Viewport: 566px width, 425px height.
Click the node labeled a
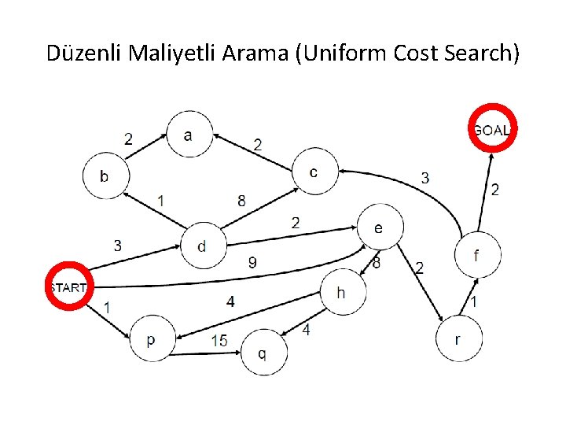point(188,135)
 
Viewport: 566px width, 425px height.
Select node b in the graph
point(105,175)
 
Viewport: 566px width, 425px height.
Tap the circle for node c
point(314,172)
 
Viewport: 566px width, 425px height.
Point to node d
point(203,246)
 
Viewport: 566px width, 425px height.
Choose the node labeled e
point(379,228)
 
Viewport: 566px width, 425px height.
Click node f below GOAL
point(476,255)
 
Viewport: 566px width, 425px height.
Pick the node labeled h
point(341,293)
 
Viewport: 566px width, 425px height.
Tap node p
point(150,339)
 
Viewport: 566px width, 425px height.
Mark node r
point(458,339)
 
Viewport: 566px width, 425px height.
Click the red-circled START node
point(68,287)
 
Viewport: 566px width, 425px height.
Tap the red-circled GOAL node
point(492,130)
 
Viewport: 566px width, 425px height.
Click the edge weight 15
point(219,341)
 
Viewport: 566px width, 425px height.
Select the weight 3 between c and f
point(425,178)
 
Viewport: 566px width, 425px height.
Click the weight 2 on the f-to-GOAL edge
point(494,190)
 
